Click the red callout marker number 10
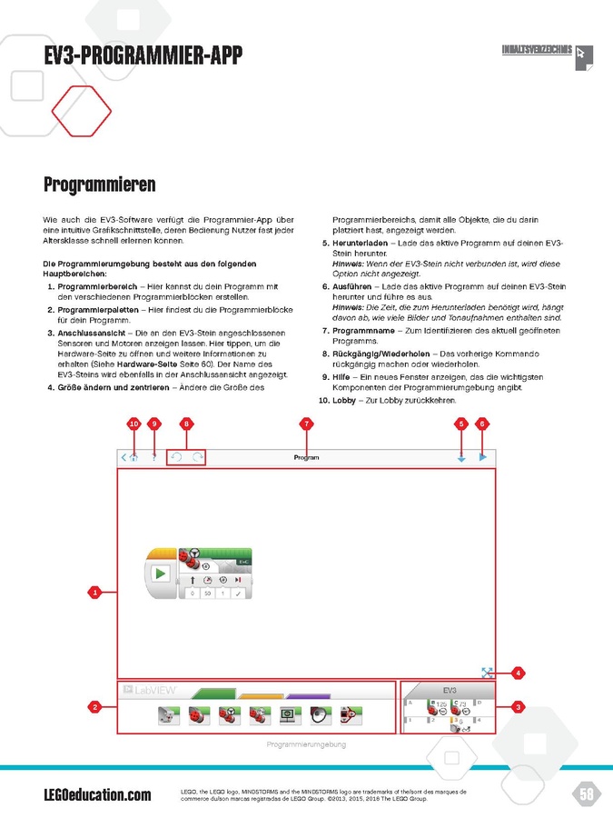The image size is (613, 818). pos(133,424)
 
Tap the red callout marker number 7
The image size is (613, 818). pos(306,424)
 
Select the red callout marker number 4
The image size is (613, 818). pos(518,673)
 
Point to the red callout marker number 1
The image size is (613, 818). pos(94,593)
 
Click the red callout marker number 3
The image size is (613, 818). pos(518,706)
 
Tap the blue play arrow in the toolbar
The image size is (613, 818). pos(483,458)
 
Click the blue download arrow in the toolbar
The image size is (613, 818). pos(461,458)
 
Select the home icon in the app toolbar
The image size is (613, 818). pos(133,458)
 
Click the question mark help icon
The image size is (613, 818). pos(154,458)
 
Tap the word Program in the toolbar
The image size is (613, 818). pos(306,458)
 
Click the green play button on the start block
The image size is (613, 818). pos(161,574)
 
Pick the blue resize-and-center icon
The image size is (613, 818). pos(487,673)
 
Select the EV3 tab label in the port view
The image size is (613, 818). pos(449,691)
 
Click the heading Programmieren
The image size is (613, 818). pos(100,185)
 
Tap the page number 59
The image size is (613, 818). pos(586,794)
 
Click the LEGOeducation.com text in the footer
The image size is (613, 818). pos(98,795)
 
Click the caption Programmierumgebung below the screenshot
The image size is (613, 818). pos(306,744)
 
